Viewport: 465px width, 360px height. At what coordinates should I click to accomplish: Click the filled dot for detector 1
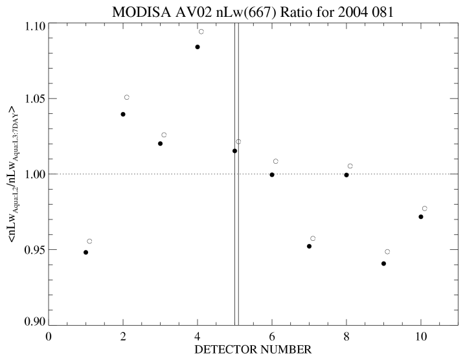point(85,252)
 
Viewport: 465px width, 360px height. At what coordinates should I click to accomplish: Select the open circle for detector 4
point(201,31)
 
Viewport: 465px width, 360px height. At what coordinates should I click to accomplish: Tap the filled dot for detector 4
point(198,47)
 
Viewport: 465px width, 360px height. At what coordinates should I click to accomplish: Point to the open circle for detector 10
point(425,208)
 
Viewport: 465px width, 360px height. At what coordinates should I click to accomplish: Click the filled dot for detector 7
point(309,246)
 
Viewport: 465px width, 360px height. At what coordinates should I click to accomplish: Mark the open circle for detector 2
point(127,97)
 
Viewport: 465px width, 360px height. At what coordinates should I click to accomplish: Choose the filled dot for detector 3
point(160,143)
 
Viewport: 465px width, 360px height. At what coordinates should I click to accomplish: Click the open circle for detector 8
point(350,166)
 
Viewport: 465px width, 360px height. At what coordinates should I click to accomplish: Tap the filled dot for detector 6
point(272,174)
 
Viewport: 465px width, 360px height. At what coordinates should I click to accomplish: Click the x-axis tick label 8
point(346,336)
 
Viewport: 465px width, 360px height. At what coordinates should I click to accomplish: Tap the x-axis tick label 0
point(49,336)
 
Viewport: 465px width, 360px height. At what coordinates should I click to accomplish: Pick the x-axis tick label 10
point(421,336)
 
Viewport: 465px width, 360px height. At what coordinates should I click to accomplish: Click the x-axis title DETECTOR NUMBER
point(253,350)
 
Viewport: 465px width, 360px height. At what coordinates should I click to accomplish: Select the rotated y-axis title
point(14,174)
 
